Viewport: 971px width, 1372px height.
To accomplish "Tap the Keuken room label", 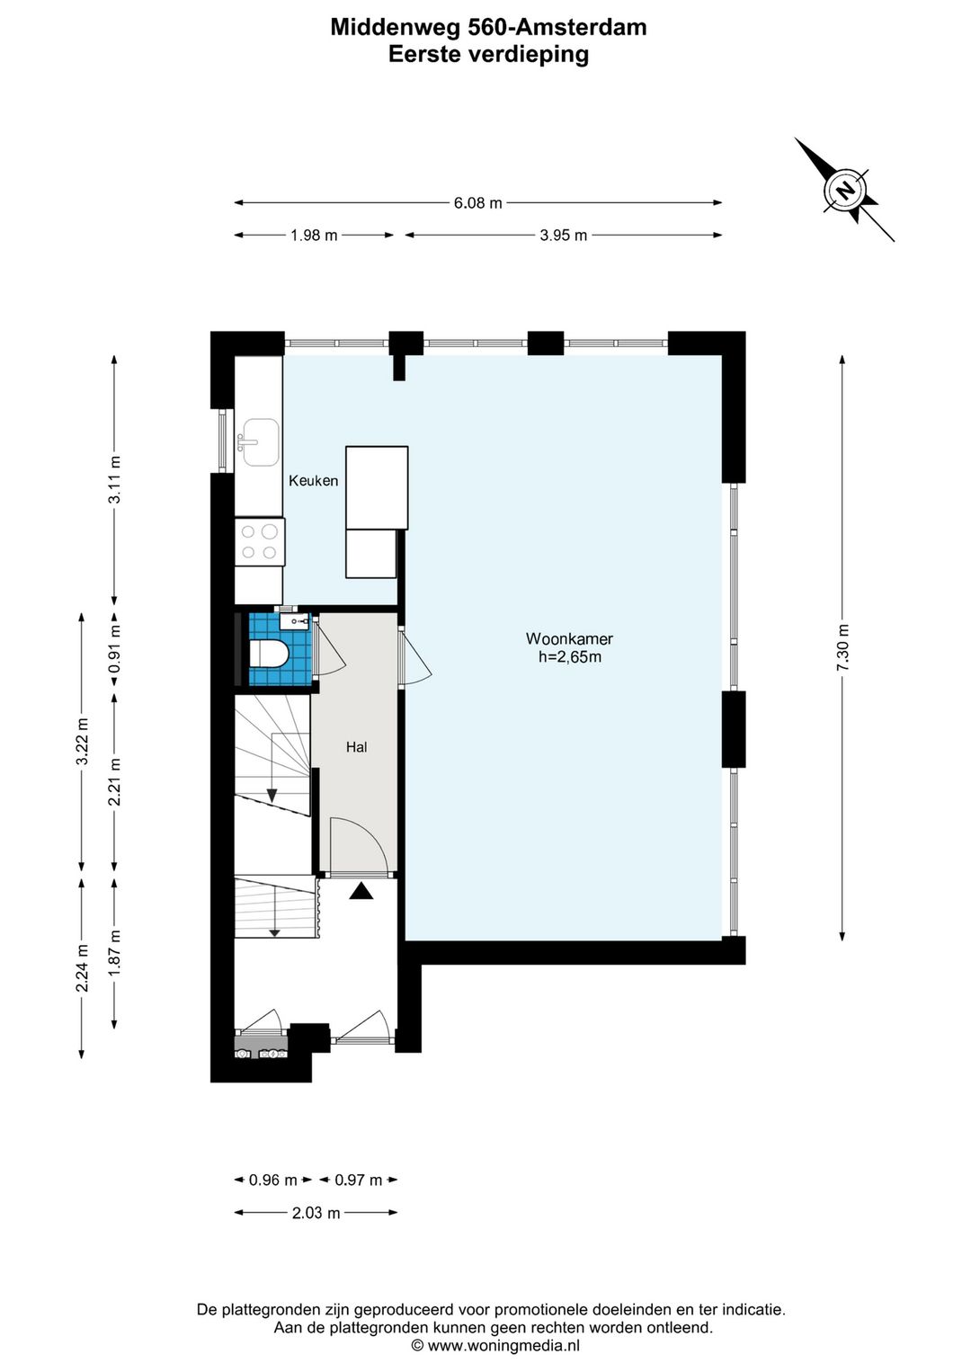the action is (313, 481).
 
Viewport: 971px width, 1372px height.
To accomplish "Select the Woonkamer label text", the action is (569, 639).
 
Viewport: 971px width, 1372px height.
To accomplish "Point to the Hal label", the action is (357, 746).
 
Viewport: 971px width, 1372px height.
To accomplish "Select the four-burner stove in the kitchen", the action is (260, 542).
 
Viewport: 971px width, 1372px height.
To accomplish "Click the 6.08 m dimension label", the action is (477, 202).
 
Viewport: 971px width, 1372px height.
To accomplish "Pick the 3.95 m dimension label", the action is (564, 236).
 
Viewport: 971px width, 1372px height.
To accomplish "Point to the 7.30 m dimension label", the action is (843, 647).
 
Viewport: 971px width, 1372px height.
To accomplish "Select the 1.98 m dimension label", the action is (314, 236).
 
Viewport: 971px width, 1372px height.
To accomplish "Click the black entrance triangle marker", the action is (361, 891).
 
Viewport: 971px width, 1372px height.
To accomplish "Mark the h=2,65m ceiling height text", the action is (569, 657).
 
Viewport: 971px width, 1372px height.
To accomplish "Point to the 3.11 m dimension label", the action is (114, 479).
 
